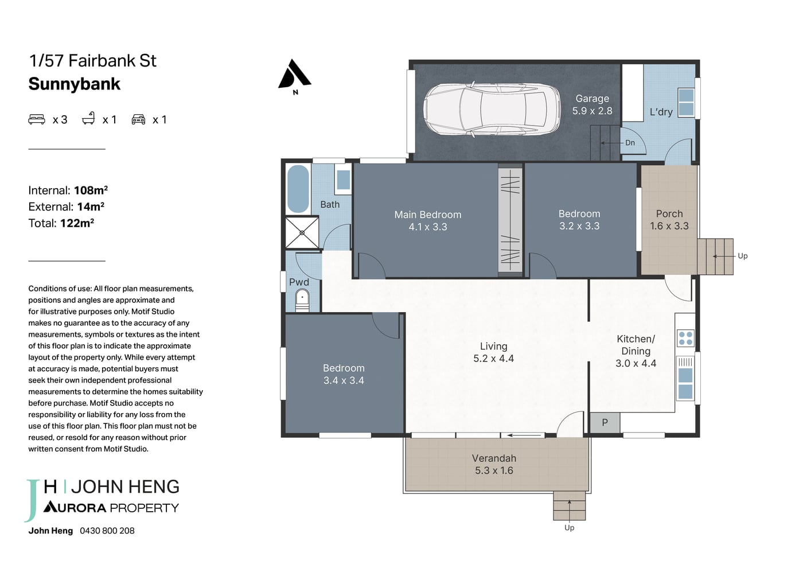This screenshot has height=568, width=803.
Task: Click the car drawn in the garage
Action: tap(492, 110)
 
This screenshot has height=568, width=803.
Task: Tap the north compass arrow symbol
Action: tap(294, 75)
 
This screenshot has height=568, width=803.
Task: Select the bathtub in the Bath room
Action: tap(298, 189)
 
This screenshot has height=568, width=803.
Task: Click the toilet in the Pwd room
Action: tap(302, 301)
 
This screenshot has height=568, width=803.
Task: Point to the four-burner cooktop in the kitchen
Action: tap(685, 338)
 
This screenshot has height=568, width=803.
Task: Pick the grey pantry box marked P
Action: tap(605, 422)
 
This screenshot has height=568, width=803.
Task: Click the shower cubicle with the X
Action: tap(302, 232)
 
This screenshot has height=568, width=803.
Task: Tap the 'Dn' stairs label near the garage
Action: tap(630, 143)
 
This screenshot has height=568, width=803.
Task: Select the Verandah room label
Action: tap(494, 458)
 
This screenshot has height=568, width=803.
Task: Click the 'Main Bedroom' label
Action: tap(428, 215)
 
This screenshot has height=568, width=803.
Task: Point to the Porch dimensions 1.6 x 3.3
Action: tap(669, 226)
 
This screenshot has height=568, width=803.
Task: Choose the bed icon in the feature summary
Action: tap(37, 119)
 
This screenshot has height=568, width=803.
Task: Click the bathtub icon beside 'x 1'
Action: tap(88, 118)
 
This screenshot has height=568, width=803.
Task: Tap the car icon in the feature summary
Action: tap(138, 119)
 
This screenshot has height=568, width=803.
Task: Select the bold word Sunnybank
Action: tap(74, 84)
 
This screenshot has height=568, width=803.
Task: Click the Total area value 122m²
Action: tap(77, 223)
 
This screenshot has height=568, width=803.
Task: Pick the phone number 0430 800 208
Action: tap(107, 531)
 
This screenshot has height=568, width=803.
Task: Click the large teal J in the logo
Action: tap(32, 500)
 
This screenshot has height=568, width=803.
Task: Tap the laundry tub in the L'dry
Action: tap(686, 103)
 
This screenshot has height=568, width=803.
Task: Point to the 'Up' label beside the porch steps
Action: tap(742, 256)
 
